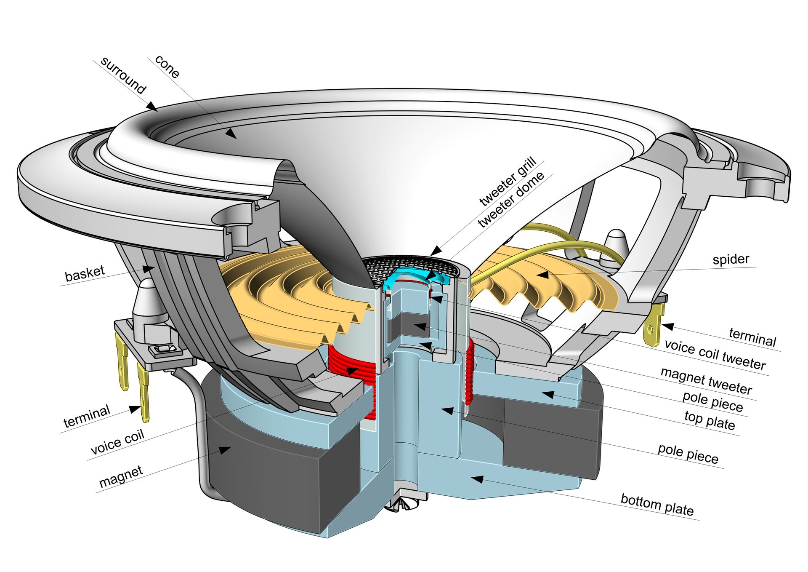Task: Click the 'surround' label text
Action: pyautogui.click(x=123, y=75)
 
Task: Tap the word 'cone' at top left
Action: pyautogui.click(x=167, y=66)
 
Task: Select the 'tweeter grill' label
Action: pyautogui.click(x=508, y=181)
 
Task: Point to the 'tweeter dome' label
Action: pyautogui.click(x=511, y=200)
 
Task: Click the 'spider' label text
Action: pyautogui.click(x=731, y=259)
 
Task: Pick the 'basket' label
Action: pyautogui.click(x=85, y=273)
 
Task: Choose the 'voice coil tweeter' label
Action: pyautogui.click(x=715, y=355)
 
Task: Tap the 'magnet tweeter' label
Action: pyautogui.click(x=706, y=380)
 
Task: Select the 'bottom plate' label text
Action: pyautogui.click(x=657, y=505)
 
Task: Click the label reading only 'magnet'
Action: pyautogui.click(x=121, y=477)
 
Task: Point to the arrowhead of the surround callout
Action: pyautogui.click(x=152, y=107)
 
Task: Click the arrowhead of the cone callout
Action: pyautogui.click(x=231, y=134)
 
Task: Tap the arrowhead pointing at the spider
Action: pyautogui.click(x=542, y=275)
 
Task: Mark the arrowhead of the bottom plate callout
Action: pyautogui.click(x=477, y=479)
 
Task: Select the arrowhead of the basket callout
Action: pyautogui.click(x=148, y=268)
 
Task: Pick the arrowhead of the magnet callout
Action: pyautogui.click(x=225, y=450)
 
